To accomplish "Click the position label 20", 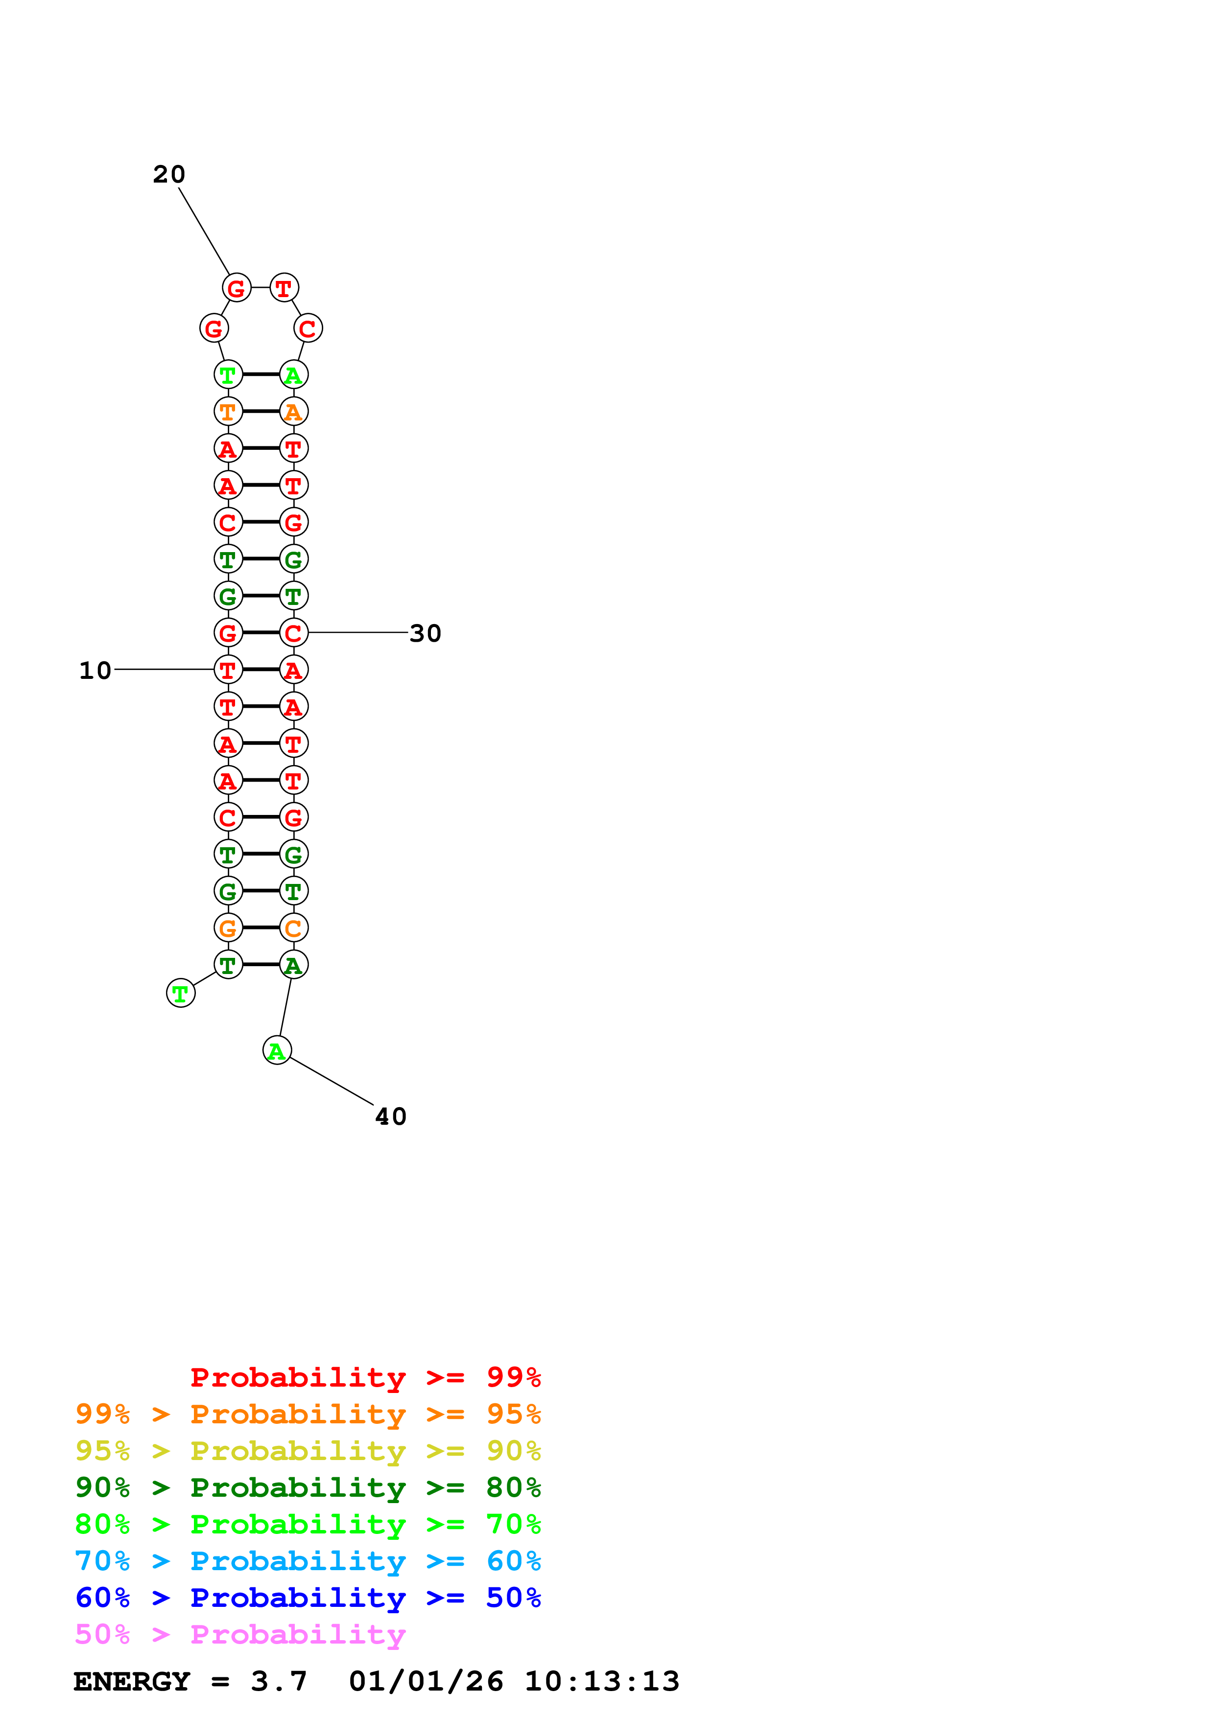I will (169, 174).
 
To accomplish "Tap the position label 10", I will (95, 670).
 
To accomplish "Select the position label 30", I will (426, 633).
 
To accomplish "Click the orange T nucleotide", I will (228, 411).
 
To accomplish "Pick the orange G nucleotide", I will (228, 928).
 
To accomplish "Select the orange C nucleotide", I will (293, 928).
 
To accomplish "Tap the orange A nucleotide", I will (293, 411).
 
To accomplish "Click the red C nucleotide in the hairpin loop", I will (308, 328).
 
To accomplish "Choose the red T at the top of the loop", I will (284, 288).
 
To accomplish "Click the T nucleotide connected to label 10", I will (228, 669).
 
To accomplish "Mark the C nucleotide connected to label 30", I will (293, 633).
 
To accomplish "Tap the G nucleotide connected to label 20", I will (237, 288).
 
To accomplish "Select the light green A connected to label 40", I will (277, 1051).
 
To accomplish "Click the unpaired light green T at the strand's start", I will (180, 993).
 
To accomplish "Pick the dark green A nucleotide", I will (293, 965).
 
